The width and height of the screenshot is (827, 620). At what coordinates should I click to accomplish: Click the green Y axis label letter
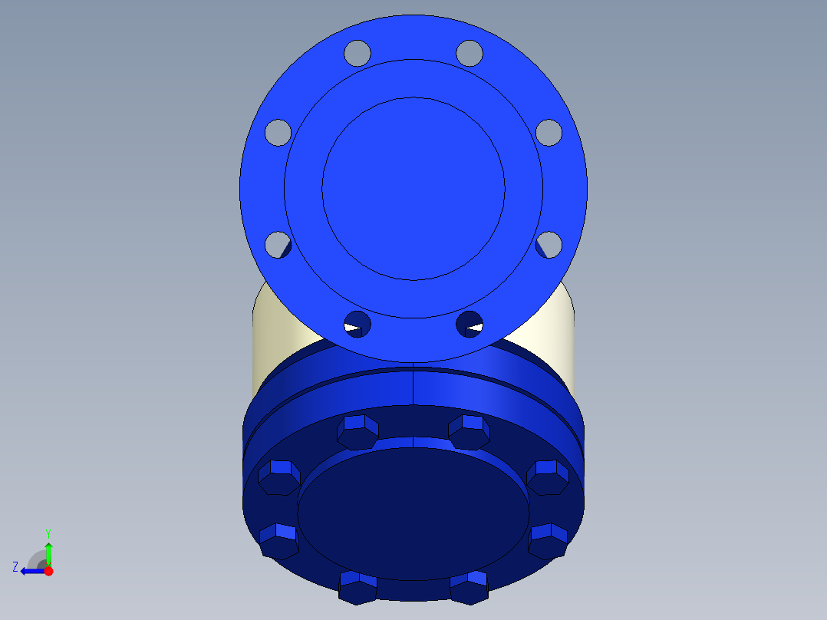click(x=48, y=533)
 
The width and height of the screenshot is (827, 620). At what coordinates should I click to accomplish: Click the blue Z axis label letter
click(x=15, y=566)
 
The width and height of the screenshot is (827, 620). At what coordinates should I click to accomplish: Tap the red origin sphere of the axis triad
click(x=48, y=571)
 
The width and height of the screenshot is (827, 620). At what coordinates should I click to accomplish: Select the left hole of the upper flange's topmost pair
click(x=357, y=52)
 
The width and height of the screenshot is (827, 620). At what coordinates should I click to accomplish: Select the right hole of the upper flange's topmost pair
click(x=470, y=52)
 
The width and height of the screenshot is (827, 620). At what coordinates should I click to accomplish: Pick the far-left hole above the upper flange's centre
click(x=278, y=131)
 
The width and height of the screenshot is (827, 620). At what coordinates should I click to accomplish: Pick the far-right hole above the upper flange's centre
click(x=549, y=131)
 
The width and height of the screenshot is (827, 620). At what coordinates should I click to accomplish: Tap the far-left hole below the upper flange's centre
click(x=278, y=245)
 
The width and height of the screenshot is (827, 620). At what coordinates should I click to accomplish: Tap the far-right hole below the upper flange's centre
click(x=549, y=245)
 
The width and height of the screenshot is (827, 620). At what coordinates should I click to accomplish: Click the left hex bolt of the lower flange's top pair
click(x=357, y=431)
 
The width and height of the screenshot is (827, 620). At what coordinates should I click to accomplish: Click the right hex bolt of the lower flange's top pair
click(x=470, y=431)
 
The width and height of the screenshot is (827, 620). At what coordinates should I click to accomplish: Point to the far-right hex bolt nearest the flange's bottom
click(x=548, y=540)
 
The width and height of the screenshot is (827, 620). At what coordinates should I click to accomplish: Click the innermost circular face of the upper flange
click(x=413, y=188)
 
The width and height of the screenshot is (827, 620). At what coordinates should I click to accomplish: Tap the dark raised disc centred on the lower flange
click(x=413, y=514)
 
